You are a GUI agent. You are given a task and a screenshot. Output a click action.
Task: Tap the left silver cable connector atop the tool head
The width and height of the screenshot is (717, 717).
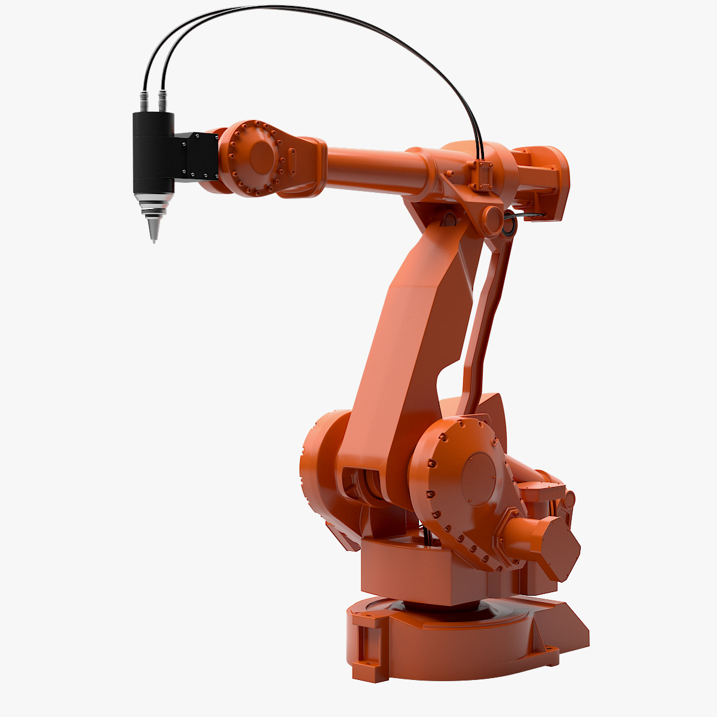[x=144, y=101]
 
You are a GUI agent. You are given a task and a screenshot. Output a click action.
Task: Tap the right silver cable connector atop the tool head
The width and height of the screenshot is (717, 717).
[x=162, y=101]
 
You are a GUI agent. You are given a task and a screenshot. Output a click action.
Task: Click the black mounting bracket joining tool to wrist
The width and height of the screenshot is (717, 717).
[x=197, y=155]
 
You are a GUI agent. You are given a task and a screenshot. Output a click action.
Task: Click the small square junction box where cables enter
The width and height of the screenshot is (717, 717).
[x=482, y=174]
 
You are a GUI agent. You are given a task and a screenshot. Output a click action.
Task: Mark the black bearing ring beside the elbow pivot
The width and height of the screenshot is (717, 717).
[x=510, y=226]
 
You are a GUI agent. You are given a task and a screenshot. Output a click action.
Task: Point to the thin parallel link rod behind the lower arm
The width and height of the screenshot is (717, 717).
[x=487, y=317]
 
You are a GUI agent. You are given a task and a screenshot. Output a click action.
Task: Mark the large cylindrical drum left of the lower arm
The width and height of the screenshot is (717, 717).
[x=320, y=460]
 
